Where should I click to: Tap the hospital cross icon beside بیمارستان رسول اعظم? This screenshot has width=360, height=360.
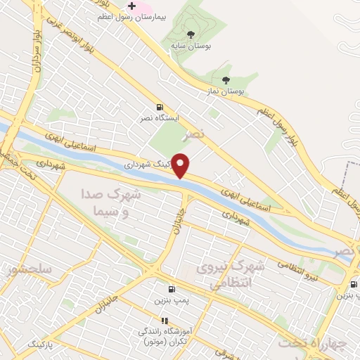[131, 6]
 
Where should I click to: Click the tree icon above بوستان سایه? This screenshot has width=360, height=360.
[191, 33]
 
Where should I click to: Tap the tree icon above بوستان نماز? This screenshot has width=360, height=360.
[225, 79]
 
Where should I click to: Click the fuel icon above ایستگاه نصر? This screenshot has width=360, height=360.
[161, 106]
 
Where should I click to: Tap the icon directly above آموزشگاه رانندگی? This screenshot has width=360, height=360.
[166, 321]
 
